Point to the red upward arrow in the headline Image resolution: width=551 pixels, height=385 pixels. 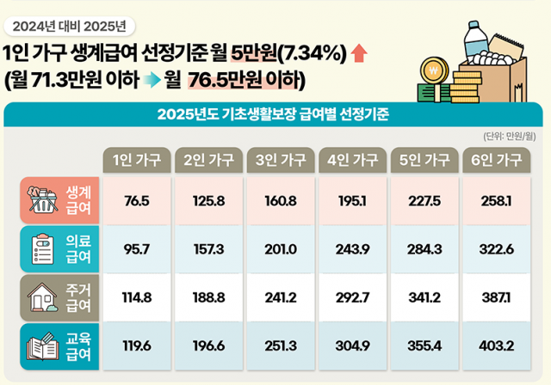pyautogui.click(x=359, y=56)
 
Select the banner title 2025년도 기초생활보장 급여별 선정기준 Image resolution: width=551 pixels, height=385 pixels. pyautogui.click(x=275, y=113)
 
